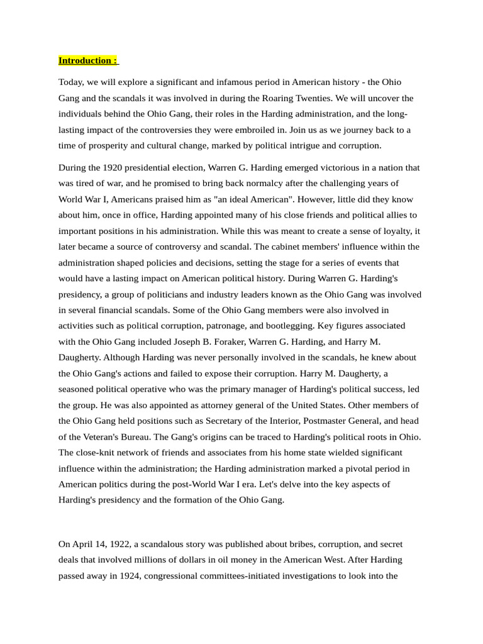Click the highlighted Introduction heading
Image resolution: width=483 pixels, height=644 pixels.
point(88,61)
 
